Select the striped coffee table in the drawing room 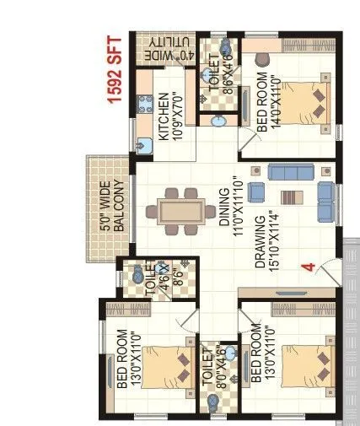click(290, 198)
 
